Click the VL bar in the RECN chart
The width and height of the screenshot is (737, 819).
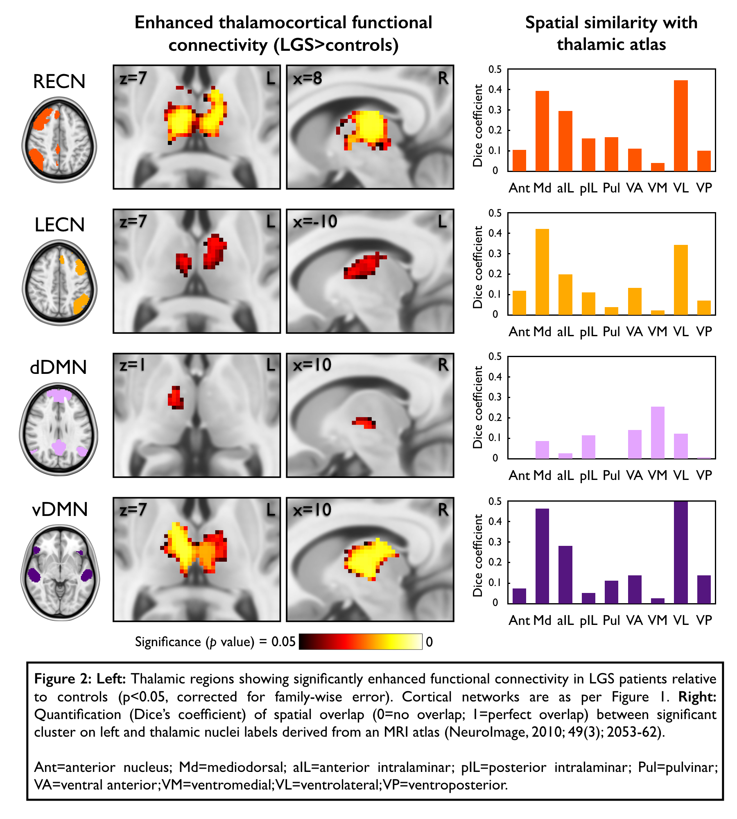coord(680,126)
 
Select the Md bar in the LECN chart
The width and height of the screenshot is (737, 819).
coord(542,272)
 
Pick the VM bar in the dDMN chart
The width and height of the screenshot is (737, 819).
coord(658,432)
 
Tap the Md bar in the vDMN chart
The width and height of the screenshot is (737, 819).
coord(542,556)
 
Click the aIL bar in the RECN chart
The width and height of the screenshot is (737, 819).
coord(565,141)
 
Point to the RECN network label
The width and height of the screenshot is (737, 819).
coord(59,81)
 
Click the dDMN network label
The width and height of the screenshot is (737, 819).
coord(59,367)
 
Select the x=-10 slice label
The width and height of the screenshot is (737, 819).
coord(315,222)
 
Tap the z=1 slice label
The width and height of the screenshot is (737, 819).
coord(132,365)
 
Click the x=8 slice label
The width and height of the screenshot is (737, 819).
coord(307,78)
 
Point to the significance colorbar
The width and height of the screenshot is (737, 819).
coord(360,642)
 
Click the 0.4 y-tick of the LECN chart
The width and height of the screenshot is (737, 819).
coord(495,233)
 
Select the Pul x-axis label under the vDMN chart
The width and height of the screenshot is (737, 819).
coord(611,620)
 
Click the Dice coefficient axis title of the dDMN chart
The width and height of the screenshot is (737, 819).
coord(478,407)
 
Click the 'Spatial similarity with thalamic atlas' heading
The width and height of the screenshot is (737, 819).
coord(611,33)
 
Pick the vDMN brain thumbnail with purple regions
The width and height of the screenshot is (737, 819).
coord(60,572)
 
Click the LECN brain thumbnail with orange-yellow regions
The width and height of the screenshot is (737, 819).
coord(60,283)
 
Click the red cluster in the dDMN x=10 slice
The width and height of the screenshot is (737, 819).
coord(365,422)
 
